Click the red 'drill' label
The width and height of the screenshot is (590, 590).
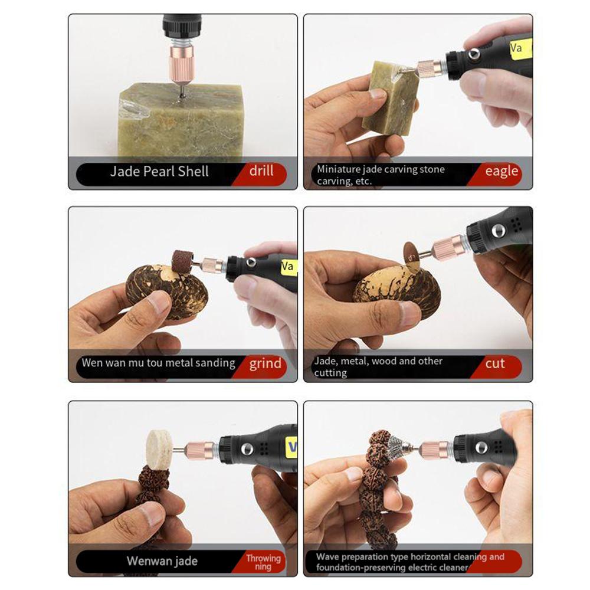tap(261, 171)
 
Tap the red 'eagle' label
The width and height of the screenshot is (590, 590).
tap(501, 172)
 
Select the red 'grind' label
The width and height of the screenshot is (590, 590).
tap(265, 363)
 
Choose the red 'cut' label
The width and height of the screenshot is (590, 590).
tap(495, 363)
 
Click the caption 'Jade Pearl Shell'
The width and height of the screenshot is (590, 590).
tap(159, 172)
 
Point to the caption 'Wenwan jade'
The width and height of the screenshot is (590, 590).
tap(162, 560)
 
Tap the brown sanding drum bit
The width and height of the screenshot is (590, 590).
tap(183, 261)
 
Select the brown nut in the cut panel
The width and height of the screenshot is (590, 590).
tap(396, 292)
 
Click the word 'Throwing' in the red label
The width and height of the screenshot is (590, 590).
tap(263, 558)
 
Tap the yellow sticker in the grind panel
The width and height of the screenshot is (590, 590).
tap(288, 266)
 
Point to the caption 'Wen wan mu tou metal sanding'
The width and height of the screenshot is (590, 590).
tap(158, 363)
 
